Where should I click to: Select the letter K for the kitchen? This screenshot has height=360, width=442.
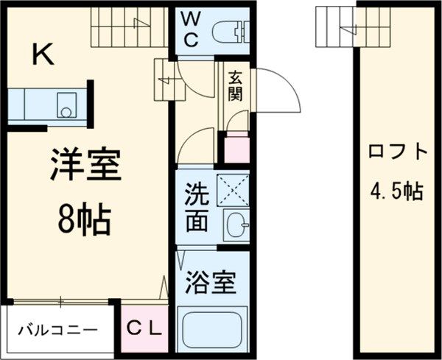[x=43, y=54]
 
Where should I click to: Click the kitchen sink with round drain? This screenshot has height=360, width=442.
[x=66, y=105]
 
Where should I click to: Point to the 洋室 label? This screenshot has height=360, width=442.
[x=85, y=163]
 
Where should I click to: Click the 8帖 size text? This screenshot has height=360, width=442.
[x=84, y=219]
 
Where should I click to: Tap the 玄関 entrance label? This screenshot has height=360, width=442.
[x=235, y=85]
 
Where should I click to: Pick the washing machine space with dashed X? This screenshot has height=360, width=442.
[x=233, y=190]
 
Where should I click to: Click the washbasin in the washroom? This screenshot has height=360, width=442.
[x=236, y=225]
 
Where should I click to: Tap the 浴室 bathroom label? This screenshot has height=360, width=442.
[x=210, y=283]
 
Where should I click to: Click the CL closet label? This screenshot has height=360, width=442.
[x=144, y=328]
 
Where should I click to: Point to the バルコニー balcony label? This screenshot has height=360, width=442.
[x=58, y=330]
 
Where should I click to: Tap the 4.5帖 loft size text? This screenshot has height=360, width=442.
[x=397, y=191]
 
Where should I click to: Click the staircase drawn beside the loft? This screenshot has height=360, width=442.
[x=353, y=27]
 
